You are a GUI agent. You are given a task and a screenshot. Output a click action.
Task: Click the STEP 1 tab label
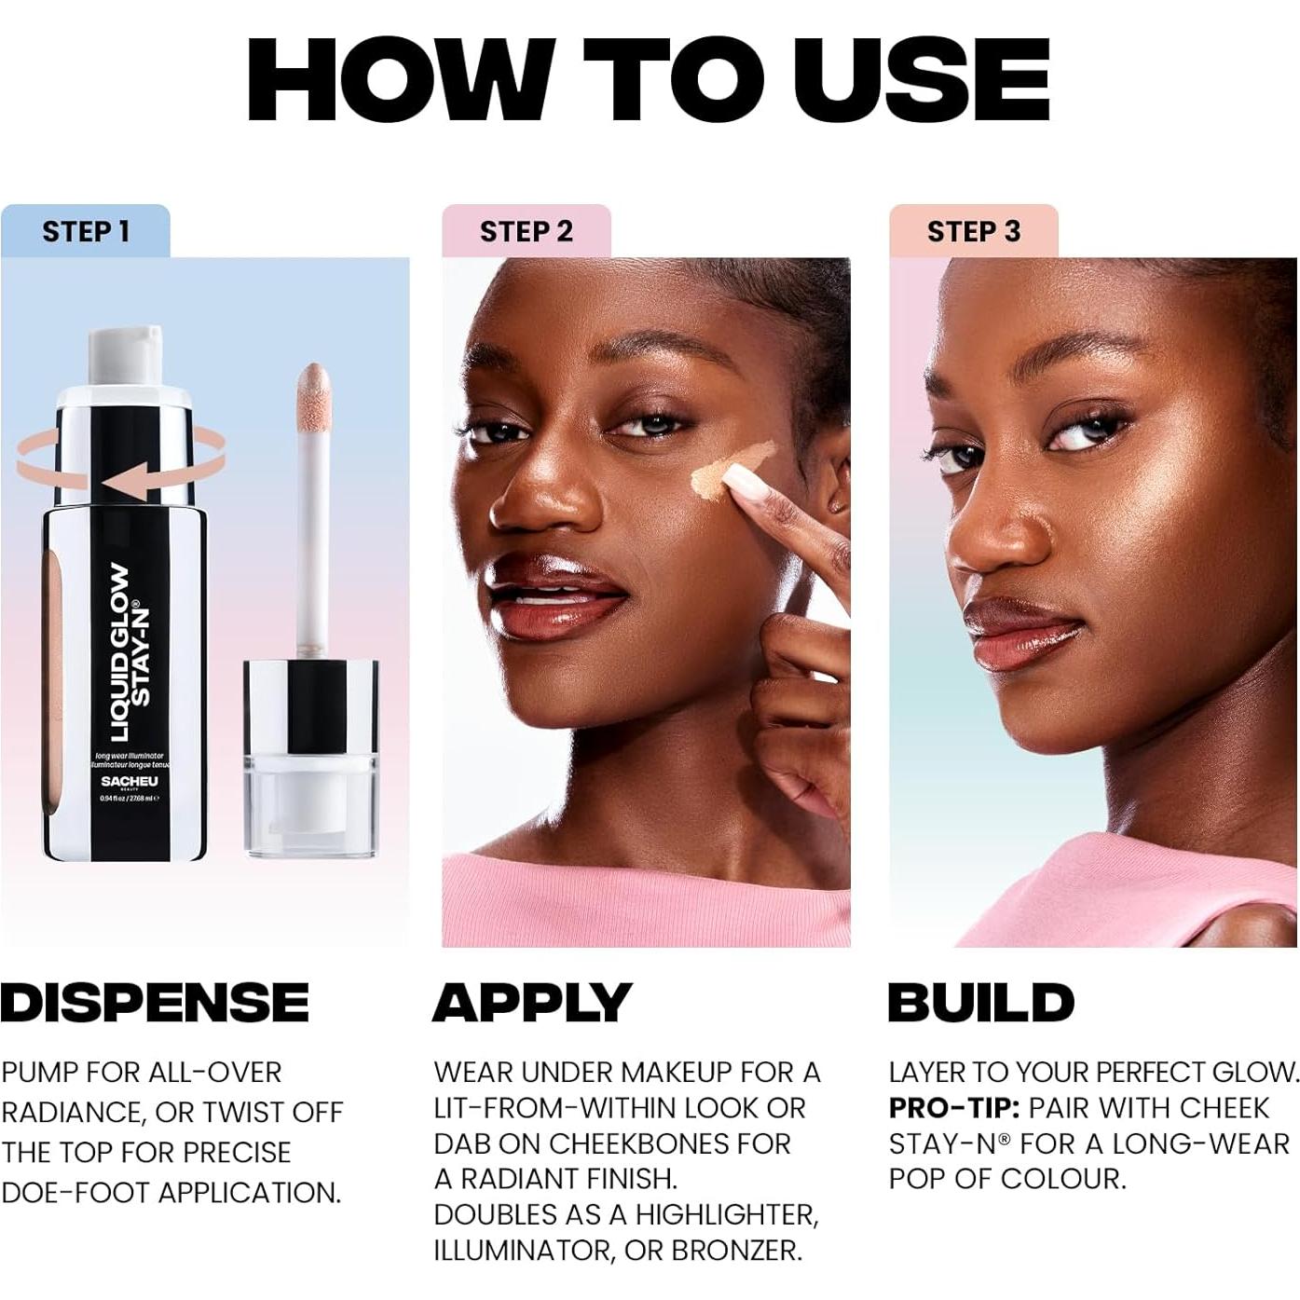(86, 231)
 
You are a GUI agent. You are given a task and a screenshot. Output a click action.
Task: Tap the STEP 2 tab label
(527, 231)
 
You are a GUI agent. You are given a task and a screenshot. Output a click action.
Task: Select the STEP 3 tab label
(974, 231)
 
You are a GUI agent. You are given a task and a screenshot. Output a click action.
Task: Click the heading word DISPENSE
(155, 1003)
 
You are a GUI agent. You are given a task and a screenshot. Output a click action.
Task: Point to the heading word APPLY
(532, 1003)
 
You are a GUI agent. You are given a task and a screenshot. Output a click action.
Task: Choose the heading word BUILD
(981, 1003)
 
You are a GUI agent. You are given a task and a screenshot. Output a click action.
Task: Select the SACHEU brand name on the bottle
(130, 781)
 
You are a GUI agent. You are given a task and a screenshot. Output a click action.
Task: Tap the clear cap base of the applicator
(311, 806)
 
